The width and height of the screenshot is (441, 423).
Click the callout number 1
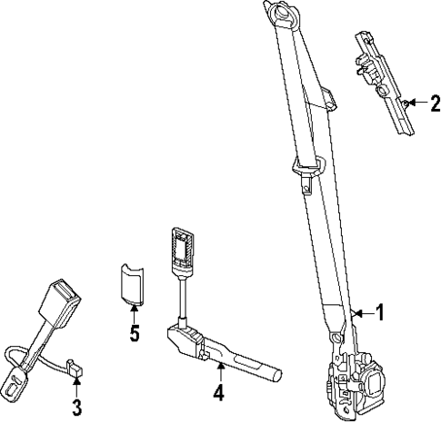pos(380,313)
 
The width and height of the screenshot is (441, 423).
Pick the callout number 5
pos(134,334)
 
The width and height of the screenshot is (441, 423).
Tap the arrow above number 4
pos(219,369)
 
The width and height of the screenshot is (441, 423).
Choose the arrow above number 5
pos(134,313)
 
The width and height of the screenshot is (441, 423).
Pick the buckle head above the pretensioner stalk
pos(182,249)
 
